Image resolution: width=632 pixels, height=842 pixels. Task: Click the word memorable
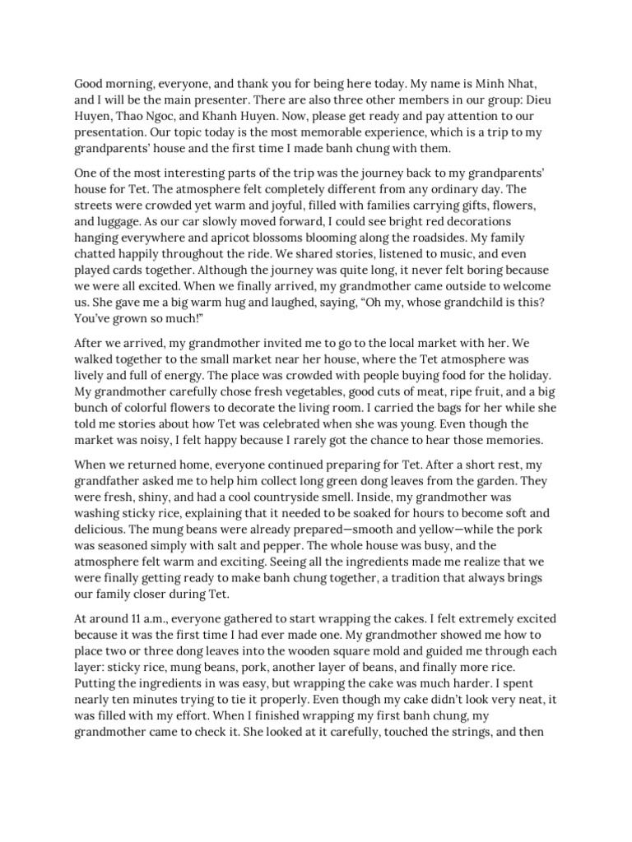pyautogui.click(x=360, y=135)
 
